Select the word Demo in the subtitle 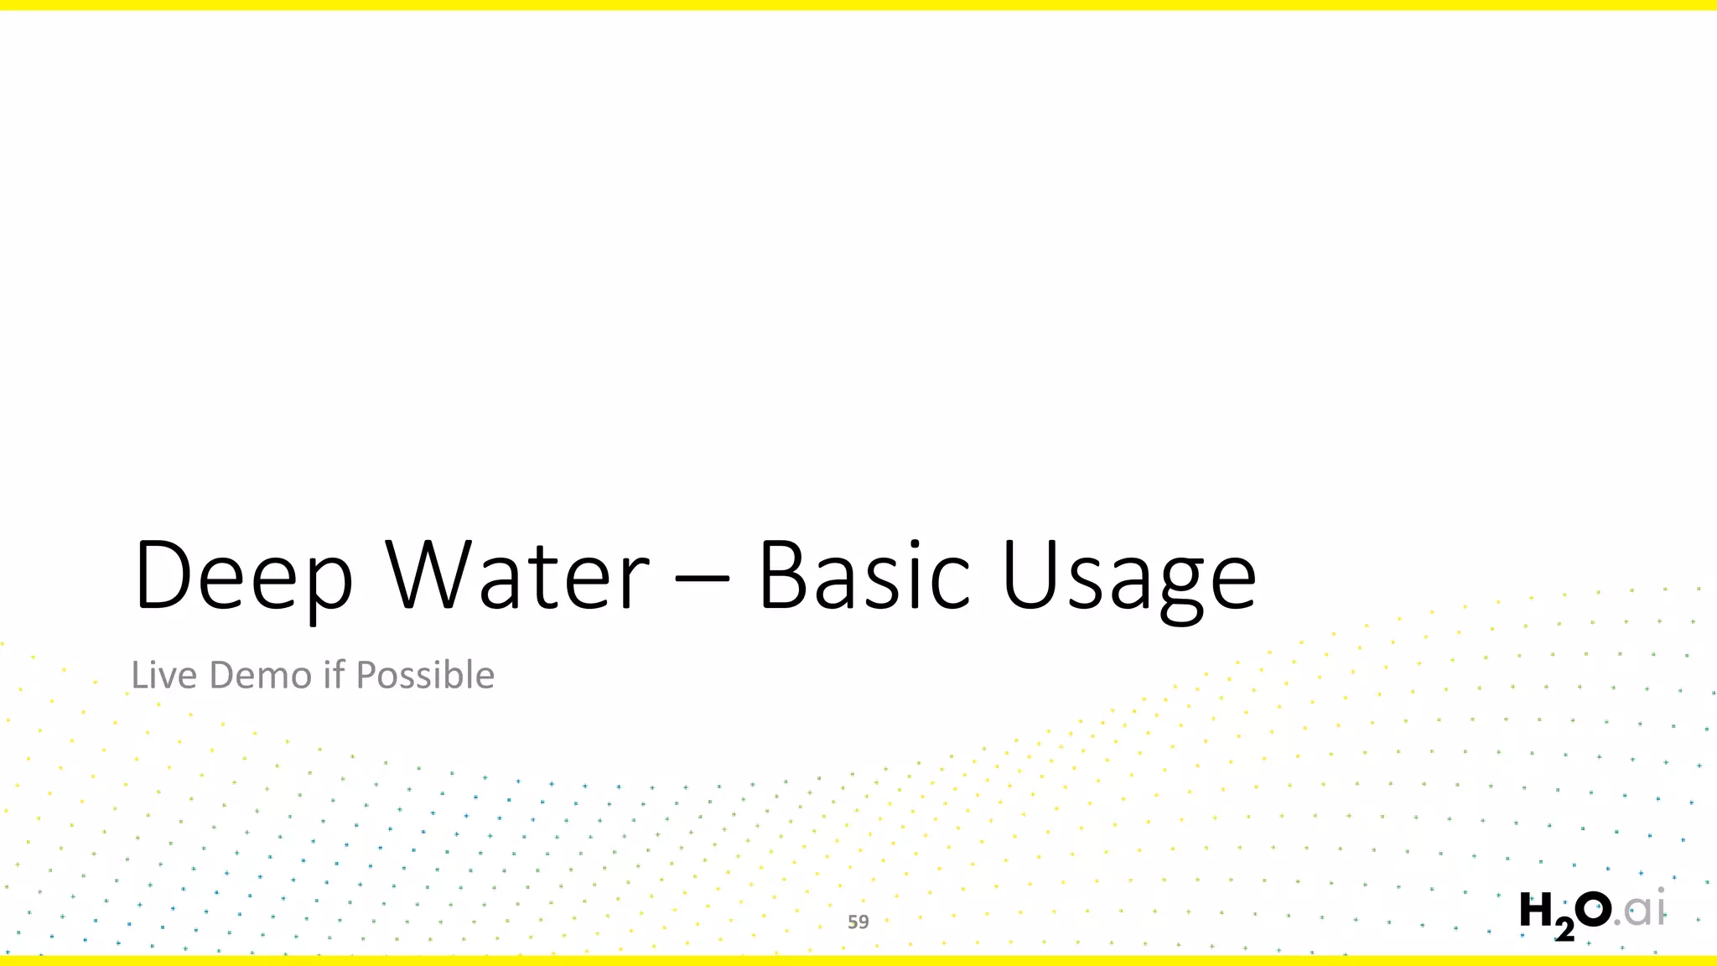(261, 675)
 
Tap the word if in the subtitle (334, 675)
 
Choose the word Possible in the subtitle (425, 675)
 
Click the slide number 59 (858, 922)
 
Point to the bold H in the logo (1536, 911)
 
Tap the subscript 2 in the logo (1564, 930)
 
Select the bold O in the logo (1592, 910)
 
